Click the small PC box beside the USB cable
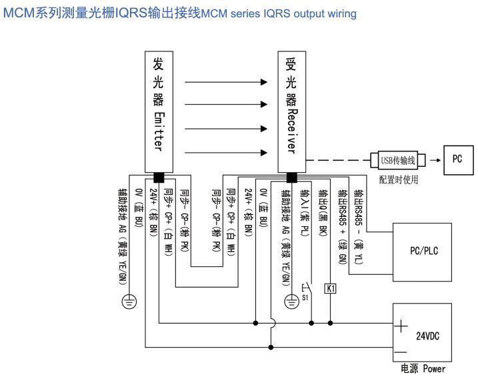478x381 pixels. [x=457, y=161]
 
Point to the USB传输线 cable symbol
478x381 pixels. [x=397, y=161]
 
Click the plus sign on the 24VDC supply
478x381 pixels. [x=402, y=326]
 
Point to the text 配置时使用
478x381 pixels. [x=397, y=179]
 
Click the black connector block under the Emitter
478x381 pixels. [x=159, y=177]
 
